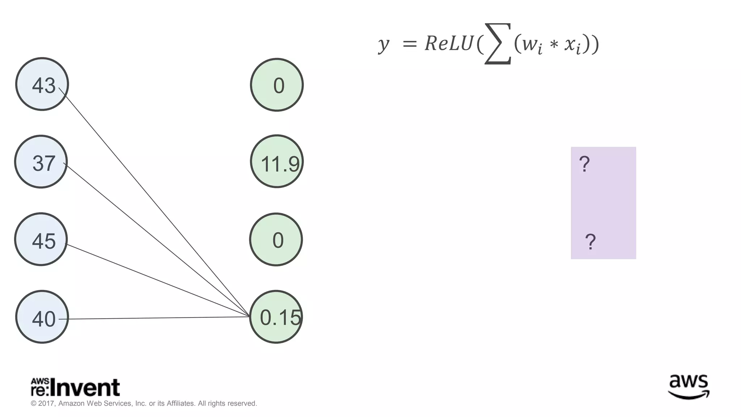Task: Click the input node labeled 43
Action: click(x=42, y=84)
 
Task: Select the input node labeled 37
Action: click(x=41, y=161)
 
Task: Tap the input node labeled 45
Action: click(x=41, y=239)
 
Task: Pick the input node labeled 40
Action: click(x=42, y=317)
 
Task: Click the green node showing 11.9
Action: click(x=277, y=161)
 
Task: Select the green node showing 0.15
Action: click(x=276, y=317)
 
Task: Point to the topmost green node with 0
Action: click(x=277, y=85)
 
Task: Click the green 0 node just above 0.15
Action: click(x=276, y=240)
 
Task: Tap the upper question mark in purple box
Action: click(x=584, y=164)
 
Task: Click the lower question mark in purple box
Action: click(x=590, y=242)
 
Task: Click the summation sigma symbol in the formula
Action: click(x=498, y=44)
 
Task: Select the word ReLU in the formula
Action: click(x=449, y=44)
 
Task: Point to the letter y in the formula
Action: click(x=384, y=45)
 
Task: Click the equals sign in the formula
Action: click(x=410, y=44)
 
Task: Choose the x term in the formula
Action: click(x=573, y=45)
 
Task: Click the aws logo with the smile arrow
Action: click(x=689, y=387)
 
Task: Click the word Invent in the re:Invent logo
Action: click(x=85, y=388)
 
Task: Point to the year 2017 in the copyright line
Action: click(x=46, y=403)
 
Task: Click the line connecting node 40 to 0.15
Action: click(x=156, y=318)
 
